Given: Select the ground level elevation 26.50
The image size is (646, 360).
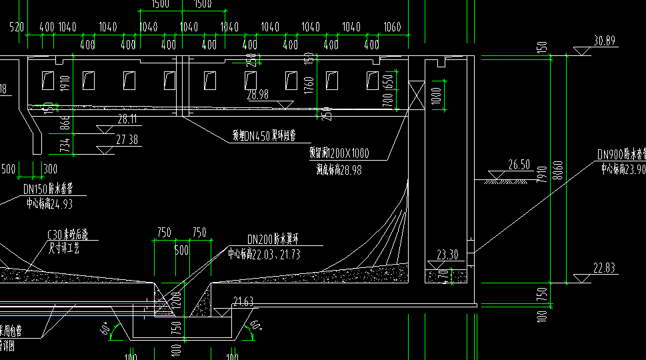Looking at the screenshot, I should tap(519, 165).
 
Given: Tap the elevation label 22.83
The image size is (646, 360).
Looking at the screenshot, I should tap(604, 268).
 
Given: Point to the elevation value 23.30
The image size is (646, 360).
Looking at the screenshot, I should tap(447, 254).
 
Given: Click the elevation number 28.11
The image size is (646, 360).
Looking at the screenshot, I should tap(127, 119).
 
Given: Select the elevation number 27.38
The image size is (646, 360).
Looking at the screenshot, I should tap(127, 139).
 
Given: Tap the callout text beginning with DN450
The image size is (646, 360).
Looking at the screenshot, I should tap(263, 136).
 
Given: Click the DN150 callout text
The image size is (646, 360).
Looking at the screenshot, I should tap(49, 189).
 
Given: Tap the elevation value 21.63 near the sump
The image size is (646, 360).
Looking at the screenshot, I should tap(243, 303).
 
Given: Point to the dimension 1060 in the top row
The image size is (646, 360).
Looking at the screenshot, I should tap(393, 27).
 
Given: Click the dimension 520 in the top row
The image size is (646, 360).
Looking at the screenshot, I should tap(17, 27).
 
